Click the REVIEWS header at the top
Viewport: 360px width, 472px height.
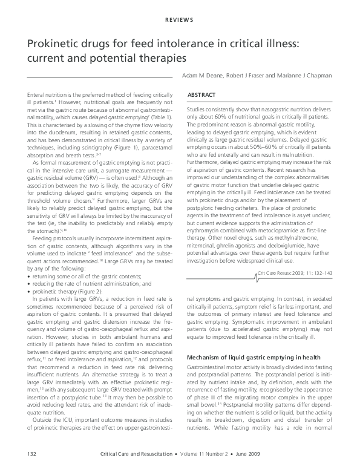pos(180,20)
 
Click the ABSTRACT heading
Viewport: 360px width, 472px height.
pos(201,96)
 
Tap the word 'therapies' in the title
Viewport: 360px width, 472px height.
pos(163,60)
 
